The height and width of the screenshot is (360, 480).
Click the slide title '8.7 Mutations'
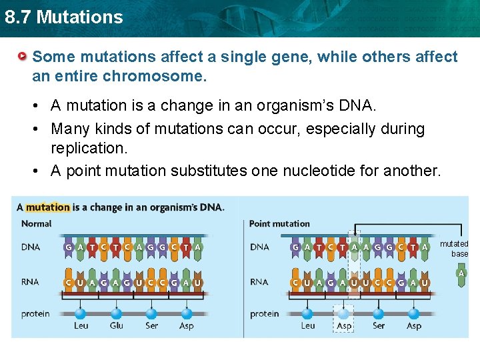[63, 17]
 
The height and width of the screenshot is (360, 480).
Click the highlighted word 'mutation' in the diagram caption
[47, 207]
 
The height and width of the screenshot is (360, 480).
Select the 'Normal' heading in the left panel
[37, 224]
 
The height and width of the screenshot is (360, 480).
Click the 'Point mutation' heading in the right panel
[279, 224]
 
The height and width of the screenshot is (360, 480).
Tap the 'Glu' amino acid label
[117, 325]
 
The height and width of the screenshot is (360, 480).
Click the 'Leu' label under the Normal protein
[81, 325]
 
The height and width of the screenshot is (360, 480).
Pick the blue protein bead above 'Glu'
[117, 313]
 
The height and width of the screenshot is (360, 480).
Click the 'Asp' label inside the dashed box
[344, 325]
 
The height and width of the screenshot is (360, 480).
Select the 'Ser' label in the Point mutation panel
[379, 325]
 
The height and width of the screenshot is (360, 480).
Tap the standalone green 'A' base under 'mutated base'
[461, 273]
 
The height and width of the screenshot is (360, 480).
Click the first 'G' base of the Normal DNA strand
[69, 247]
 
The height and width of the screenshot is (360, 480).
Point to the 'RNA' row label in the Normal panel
[30, 282]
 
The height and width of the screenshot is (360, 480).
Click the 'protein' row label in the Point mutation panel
[265, 313]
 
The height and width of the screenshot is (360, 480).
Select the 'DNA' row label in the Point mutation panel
[259, 247]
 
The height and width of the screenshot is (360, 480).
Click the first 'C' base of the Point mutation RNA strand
[295, 283]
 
